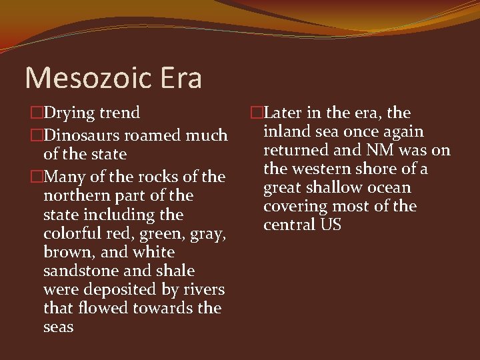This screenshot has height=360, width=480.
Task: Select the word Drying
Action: (70, 113)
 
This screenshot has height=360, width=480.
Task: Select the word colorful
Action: (70, 234)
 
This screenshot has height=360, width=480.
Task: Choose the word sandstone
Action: (75, 271)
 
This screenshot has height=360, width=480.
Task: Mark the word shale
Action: (174, 271)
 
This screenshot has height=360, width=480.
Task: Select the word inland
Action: (285, 132)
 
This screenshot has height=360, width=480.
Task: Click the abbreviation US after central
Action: (331, 225)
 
